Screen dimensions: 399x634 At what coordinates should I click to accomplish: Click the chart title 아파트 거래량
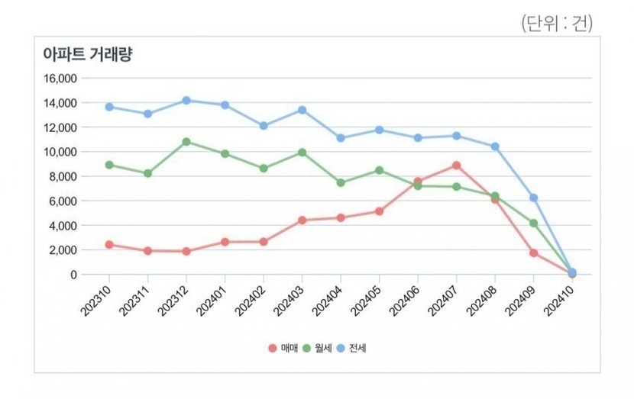89,55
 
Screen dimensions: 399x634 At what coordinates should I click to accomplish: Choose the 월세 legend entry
318,348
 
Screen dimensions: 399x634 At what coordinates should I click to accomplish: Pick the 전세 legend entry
352,348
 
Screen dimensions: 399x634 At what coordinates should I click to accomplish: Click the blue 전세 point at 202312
186,100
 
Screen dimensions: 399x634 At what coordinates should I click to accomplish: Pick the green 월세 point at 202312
186,142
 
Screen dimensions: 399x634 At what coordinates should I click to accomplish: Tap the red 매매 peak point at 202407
456,165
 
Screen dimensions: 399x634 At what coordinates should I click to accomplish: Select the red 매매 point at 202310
109,245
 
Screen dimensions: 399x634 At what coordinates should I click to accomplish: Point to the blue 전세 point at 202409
534,198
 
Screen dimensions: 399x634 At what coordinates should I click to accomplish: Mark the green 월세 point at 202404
341,183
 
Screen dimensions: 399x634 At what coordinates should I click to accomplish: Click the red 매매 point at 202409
534,253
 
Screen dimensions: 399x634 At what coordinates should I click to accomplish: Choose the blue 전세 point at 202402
264,126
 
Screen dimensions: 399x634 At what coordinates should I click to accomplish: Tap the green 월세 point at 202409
534,224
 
